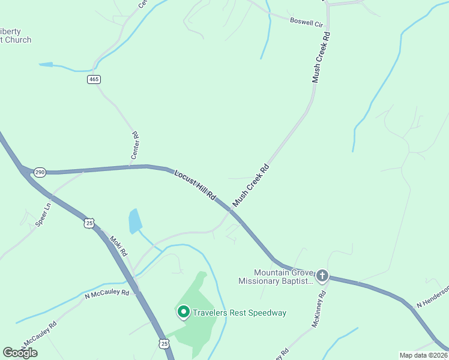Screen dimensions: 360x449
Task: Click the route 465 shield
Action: point(93,79)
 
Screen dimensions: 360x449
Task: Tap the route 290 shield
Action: point(40,172)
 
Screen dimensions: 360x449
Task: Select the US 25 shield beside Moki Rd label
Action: point(89,223)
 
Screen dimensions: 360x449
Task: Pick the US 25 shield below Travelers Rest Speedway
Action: point(164,343)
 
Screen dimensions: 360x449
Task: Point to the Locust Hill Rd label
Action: point(194,185)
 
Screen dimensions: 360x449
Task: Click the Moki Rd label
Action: point(118,245)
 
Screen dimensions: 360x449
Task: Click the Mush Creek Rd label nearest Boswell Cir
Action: point(322,58)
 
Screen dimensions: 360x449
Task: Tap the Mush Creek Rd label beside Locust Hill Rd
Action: point(250,186)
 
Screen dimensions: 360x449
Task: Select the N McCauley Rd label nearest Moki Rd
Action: point(107,293)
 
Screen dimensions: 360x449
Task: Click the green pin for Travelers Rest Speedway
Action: point(183,311)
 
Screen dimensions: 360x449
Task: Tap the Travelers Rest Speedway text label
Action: point(240,313)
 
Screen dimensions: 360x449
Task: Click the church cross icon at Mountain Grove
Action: point(322,275)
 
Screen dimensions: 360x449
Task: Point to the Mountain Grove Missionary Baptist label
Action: point(276,277)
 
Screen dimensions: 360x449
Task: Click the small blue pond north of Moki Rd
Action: point(135,220)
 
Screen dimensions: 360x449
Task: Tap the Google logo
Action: point(20,353)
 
